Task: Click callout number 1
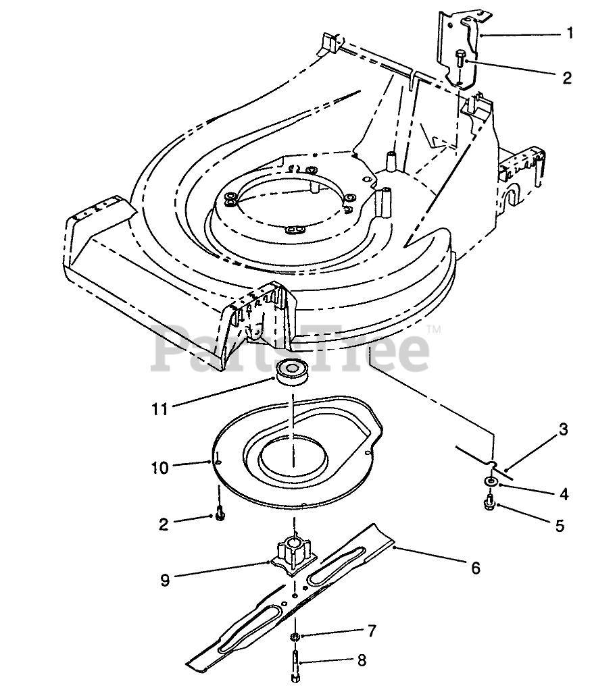pos(570,32)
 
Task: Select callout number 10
pos(159,467)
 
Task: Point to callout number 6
pos(476,568)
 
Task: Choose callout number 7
pos(371,632)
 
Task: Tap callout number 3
pos(562,429)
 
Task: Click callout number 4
pos(562,494)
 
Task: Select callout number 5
pos(559,525)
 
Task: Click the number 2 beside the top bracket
pos(566,78)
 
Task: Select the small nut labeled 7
pos(296,637)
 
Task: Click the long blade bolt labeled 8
pos(296,664)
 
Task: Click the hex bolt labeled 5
pos(489,502)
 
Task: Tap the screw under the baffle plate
pos(219,514)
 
